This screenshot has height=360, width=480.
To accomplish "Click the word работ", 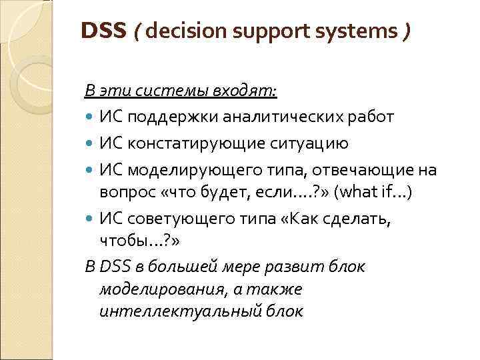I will pyautogui.click(x=373, y=117).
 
